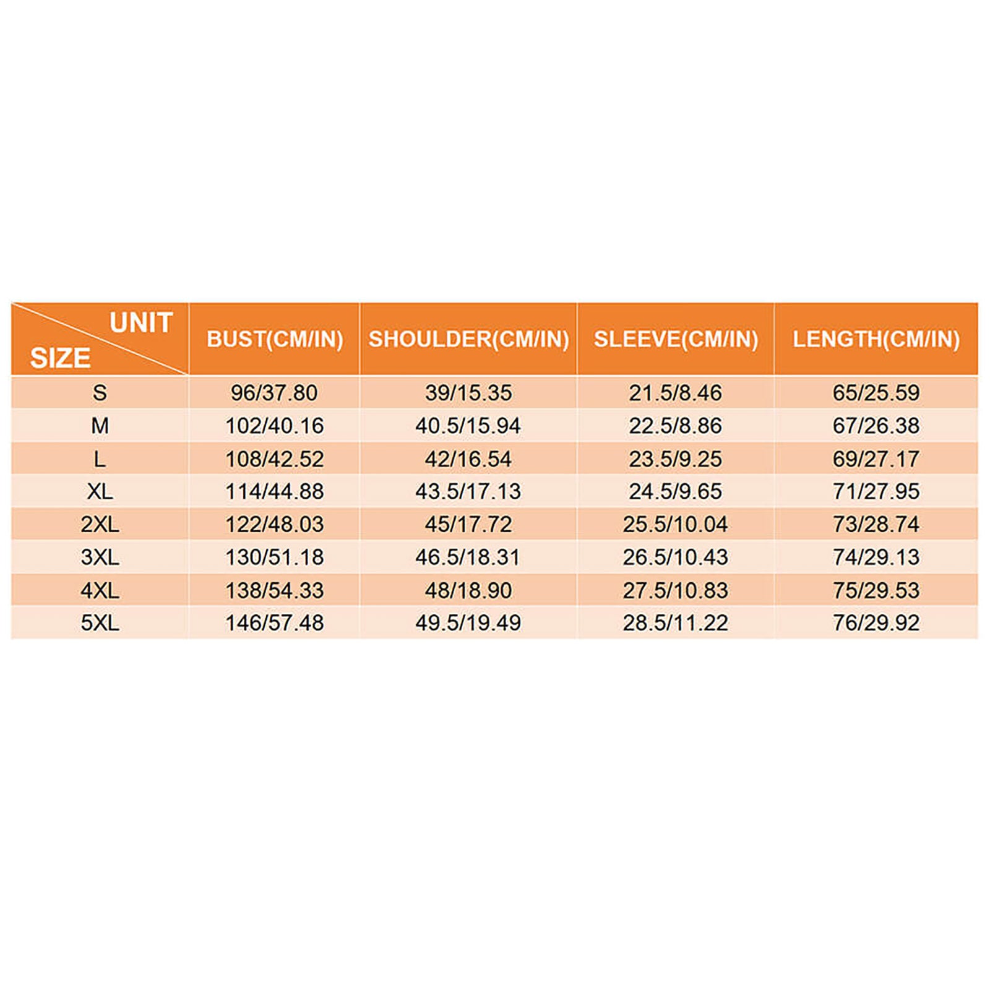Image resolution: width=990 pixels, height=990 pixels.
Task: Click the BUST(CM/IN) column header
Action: point(275,339)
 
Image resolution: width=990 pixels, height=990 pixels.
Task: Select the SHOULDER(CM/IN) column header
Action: point(468,339)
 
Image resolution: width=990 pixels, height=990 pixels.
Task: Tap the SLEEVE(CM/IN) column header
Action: point(676,339)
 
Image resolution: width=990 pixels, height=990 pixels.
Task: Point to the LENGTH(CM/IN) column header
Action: point(876,339)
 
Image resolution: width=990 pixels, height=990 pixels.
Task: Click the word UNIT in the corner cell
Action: point(141,323)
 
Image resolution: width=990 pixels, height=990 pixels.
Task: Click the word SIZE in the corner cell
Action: point(60,358)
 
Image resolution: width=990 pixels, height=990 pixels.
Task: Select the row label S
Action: point(100,393)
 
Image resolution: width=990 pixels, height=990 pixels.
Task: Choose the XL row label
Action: point(100,491)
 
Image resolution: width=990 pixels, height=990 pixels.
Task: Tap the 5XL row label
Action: point(100,622)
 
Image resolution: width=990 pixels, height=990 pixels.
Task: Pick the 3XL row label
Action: point(100,557)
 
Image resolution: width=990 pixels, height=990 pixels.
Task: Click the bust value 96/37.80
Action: point(274,393)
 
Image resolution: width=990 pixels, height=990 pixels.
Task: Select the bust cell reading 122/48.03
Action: point(274,524)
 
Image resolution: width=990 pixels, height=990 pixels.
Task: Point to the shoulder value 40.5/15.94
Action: point(468,426)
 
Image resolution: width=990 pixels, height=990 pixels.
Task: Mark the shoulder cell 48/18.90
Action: point(468,590)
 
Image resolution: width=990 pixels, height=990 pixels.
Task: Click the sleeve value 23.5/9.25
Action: point(675,459)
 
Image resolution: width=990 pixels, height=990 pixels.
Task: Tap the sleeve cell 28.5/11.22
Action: point(675,622)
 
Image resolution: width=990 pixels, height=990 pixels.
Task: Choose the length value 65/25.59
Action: point(876,393)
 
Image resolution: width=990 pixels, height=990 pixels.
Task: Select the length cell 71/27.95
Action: point(876,491)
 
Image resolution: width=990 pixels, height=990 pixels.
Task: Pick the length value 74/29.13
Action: point(876,557)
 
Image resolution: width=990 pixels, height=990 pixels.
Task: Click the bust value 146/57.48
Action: point(274,622)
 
